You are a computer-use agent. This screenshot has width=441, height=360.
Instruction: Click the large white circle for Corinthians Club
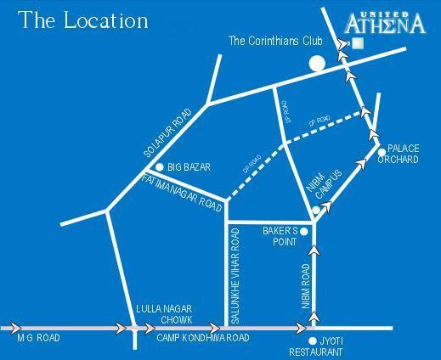317,63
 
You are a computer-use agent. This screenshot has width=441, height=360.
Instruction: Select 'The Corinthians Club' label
269,41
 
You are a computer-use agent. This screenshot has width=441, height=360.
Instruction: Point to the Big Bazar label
189,168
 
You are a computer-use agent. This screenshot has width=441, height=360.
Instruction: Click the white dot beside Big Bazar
160,168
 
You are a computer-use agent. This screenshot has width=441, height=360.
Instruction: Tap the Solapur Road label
177,138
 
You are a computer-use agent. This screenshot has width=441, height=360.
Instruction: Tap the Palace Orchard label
404,154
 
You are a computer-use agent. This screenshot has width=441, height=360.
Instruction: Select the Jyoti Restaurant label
329,346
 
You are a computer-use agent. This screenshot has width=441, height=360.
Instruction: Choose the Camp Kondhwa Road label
202,338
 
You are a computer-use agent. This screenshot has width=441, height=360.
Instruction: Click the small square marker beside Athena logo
359,43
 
